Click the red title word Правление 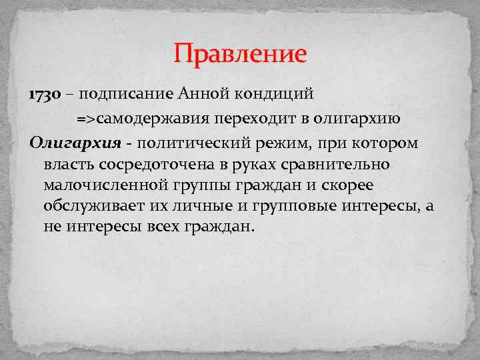tap(240, 53)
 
